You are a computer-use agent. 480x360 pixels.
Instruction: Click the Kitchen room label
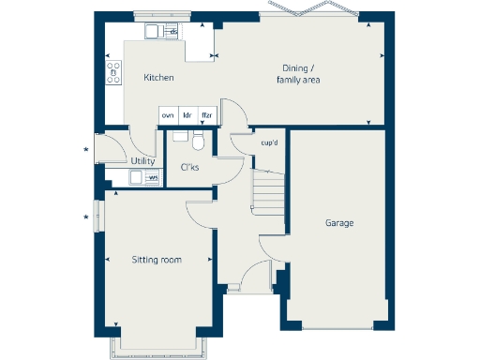tap(158, 78)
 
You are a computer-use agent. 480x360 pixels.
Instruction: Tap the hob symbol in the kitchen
tap(113, 71)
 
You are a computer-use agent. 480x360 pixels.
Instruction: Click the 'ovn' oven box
tap(168, 115)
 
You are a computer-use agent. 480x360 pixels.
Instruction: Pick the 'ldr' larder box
tap(187, 115)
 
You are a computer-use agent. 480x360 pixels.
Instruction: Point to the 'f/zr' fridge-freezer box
tap(207, 115)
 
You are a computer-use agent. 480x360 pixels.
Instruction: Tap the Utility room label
tap(143, 161)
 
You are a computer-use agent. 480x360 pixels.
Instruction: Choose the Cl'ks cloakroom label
tap(190, 168)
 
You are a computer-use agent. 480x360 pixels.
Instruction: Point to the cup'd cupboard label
tap(269, 142)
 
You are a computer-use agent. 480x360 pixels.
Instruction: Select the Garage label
tap(339, 223)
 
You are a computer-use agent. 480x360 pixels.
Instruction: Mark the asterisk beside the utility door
tap(87, 150)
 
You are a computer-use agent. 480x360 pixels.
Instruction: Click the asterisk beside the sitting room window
tap(87, 218)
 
